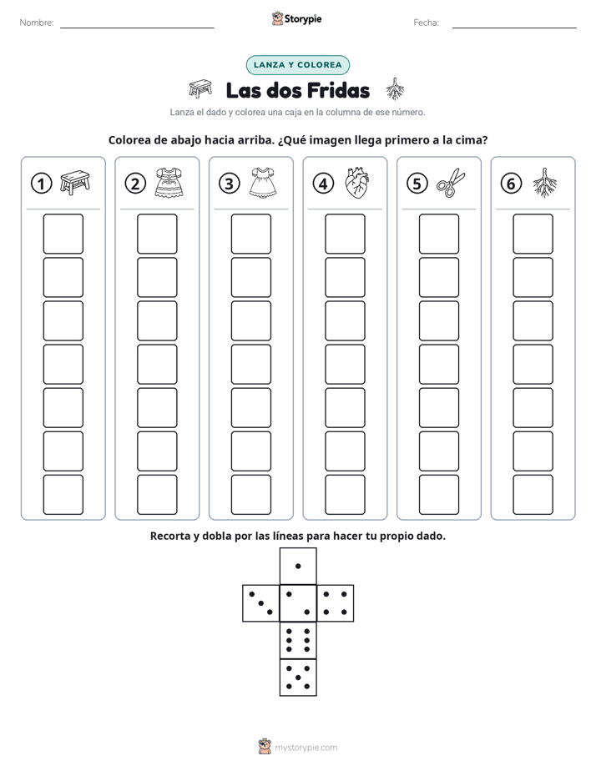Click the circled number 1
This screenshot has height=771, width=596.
41,184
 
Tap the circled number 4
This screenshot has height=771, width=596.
323,184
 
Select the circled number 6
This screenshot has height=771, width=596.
511,184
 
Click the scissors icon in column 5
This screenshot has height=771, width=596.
451,183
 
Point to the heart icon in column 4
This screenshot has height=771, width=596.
357,183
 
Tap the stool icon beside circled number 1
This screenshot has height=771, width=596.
75,183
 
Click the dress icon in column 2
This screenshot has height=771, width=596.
169,183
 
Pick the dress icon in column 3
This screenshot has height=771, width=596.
263,183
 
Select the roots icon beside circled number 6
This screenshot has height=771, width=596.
545,183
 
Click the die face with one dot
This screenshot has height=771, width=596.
298,566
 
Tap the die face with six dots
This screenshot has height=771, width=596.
298,640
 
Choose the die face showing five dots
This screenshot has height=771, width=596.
298,677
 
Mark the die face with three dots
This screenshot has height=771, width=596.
261,603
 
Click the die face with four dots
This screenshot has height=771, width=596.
336,603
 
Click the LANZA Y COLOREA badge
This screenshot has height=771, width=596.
297,65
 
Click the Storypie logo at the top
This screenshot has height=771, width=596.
296,19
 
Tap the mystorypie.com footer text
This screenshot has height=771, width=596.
306,748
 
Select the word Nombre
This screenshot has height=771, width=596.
37,23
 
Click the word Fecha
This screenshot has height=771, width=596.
427,23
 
